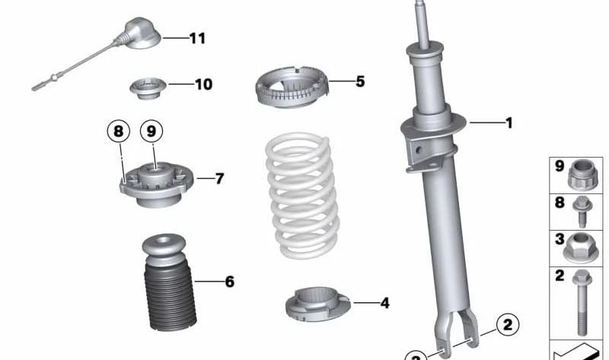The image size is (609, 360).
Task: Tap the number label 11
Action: tap(197, 37)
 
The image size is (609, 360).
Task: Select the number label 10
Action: tap(203, 84)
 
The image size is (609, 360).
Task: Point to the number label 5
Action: tap(360, 81)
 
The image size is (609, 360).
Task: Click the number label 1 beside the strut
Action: tap(509, 122)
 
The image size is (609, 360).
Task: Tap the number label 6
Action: tap(229, 282)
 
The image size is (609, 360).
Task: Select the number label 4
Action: tap(384, 303)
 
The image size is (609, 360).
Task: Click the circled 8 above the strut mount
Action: tap(119, 132)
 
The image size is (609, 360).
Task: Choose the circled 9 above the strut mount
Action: tap(151, 132)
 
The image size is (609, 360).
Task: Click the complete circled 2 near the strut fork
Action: tap(508, 325)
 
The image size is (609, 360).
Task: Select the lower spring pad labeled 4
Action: tap(317, 304)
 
